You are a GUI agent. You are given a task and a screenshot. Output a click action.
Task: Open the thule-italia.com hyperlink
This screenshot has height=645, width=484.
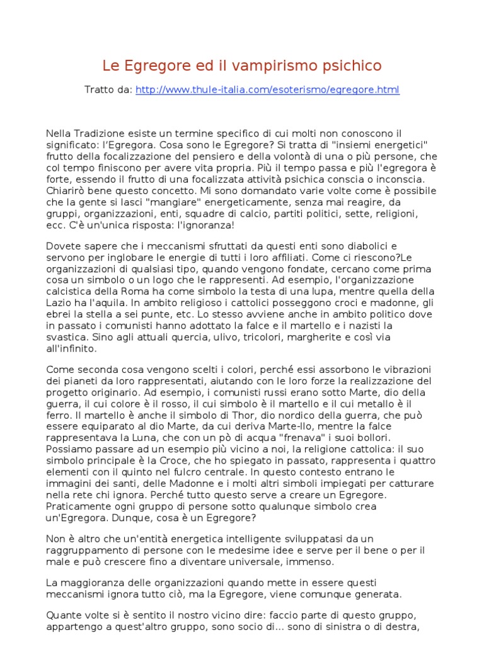pos(267,90)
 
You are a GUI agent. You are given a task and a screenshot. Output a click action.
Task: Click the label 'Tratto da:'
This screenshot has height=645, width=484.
pos(108,90)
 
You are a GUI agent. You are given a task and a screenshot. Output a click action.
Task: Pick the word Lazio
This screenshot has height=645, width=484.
pos(60,302)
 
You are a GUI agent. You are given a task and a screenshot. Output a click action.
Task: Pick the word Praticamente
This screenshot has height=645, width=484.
pos(78,505)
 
